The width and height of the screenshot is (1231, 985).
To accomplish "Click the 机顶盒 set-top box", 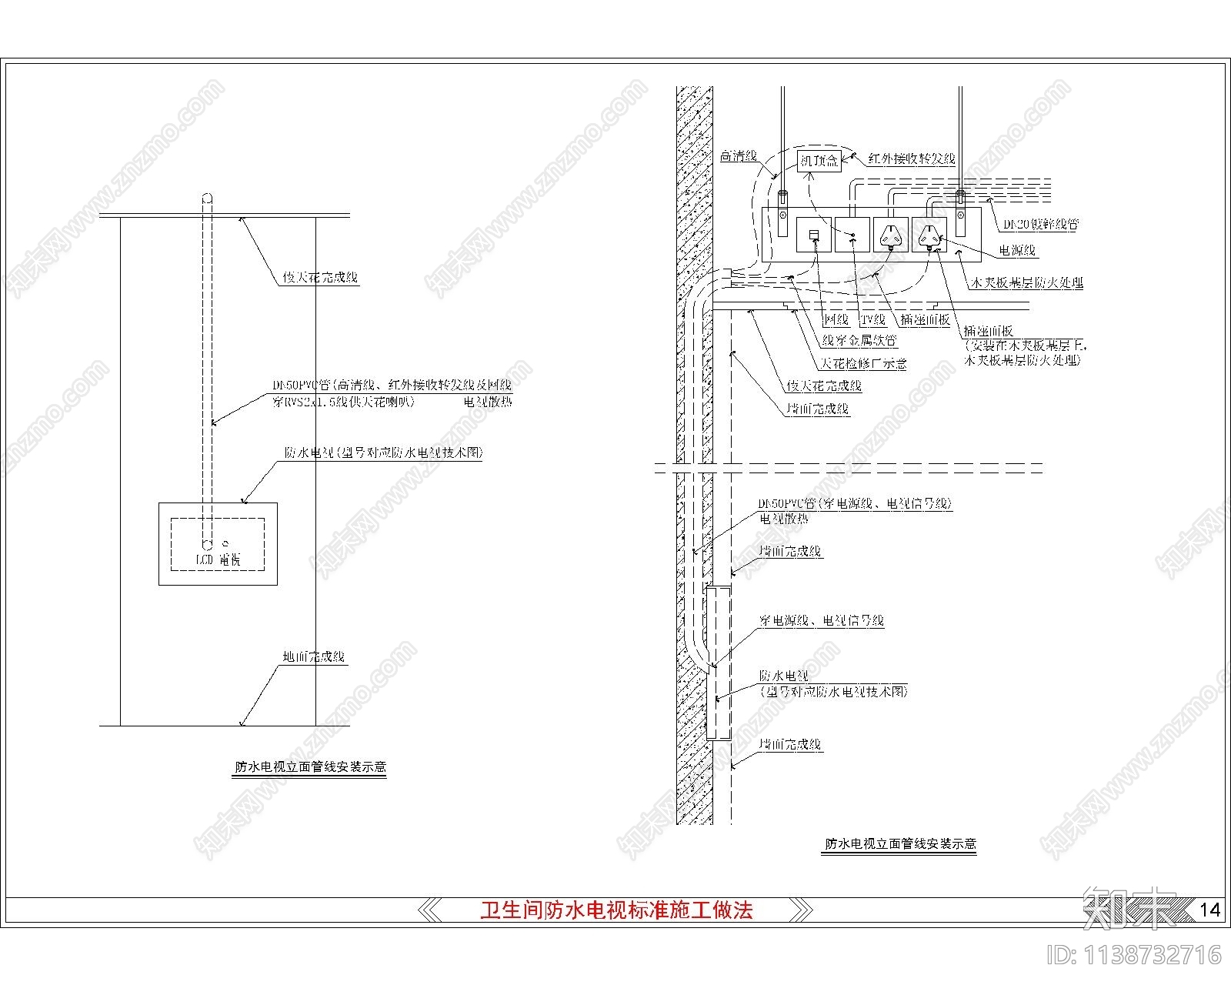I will pyautogui.click(x=818, y=161).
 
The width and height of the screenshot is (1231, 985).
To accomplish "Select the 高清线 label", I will pyautogui.click(x=738, y=156).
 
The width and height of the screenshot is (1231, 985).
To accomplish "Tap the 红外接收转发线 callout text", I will pyautogui.click(x=911, y=159).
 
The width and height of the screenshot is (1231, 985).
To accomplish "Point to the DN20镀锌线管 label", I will pyautogui.click(x=1040, y=225).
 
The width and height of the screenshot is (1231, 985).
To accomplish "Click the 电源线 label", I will pyautogui.click(x=1017, y=250).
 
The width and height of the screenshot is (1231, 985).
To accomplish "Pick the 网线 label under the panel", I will pyautogui.click(x=836, y=319).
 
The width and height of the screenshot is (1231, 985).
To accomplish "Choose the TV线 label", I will pyautogui.click(x=873, y=319).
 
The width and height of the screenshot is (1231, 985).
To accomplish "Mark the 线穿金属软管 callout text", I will pyautogui.click(x=859, y=339).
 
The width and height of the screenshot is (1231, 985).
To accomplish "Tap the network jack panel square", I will pyautogui.click(x=814, y=235).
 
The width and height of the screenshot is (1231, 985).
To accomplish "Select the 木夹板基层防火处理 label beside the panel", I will pyautogui.click(x=1026, y=283).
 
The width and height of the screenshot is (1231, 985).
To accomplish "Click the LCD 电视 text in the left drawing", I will pyautogui.click(x=218, y=559).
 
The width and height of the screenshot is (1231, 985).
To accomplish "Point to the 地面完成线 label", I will pyautogui.click(x=313, y=657).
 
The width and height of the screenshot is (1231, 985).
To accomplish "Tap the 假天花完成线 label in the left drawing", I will pyautogui.click(x=320, y=278).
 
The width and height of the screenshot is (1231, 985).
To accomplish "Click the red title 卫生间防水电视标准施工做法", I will pyautogui.click(x=616, y=910).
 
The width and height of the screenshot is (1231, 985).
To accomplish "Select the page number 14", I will pyautogui.click(x=1209, y=910).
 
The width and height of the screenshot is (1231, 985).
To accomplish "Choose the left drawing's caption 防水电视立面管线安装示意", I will pyautogui.click(x=310, y=767).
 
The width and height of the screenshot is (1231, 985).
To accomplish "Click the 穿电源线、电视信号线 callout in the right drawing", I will pyautogui.click(x=822, y=620).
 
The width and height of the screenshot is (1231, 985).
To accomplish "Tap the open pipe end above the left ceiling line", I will pyautogui.click(x=206, y=199).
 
